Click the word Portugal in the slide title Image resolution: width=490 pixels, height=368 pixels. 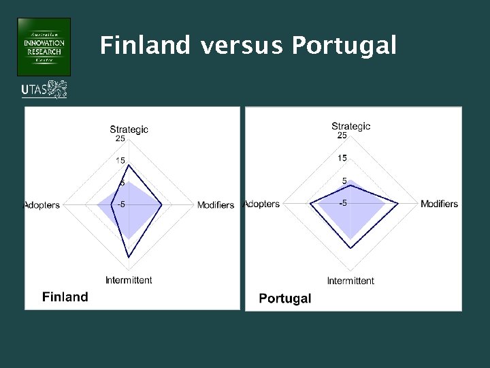pos(344,46)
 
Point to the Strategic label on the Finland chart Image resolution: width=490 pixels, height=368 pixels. pos(129,129)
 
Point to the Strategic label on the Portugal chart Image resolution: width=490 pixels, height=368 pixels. pos(350,126)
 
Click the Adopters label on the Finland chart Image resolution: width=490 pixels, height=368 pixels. pos(42,205)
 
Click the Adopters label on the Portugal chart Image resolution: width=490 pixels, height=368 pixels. pos(262,204)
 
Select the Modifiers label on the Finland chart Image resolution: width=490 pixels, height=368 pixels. pos(216,205)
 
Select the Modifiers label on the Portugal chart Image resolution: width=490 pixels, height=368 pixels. pos(439,204)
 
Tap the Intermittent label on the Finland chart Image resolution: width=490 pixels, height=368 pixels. pos(129,280)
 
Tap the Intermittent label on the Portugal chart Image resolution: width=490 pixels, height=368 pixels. pos(350,281)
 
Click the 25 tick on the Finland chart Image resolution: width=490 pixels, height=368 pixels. pos(120,139)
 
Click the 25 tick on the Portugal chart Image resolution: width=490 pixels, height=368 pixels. pos(342,136)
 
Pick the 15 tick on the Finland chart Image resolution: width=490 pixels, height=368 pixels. pos(120,161)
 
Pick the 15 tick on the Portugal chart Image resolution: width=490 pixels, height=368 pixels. pos(342,158)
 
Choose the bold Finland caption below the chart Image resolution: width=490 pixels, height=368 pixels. pos(65,296)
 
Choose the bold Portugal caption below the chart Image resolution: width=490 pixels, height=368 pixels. pos(285,298)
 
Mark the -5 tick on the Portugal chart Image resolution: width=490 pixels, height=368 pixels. pos(345,203)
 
